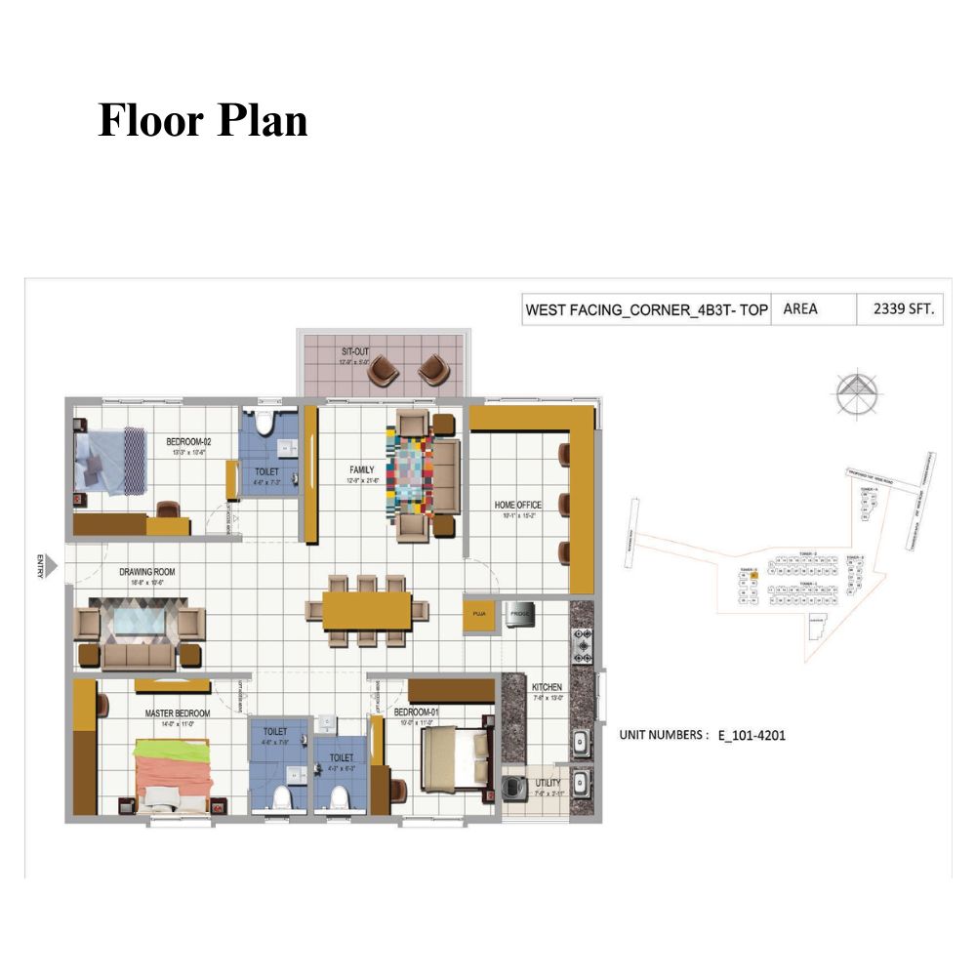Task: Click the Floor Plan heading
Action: (203, 121)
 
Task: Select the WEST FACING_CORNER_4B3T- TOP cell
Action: (646, 310)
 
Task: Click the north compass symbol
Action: (857, 393)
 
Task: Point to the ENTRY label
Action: (40, 566)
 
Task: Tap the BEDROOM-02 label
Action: (188, 441)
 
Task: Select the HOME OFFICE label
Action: (517, 505)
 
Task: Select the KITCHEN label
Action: (547, 687)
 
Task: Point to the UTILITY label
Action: (548, 783)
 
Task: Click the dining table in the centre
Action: (367, 611)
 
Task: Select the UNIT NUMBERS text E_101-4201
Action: (702, 736)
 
